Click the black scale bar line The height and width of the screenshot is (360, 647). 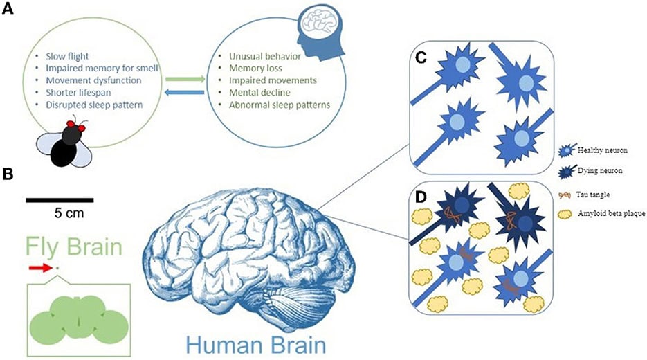tap(60, 200)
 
